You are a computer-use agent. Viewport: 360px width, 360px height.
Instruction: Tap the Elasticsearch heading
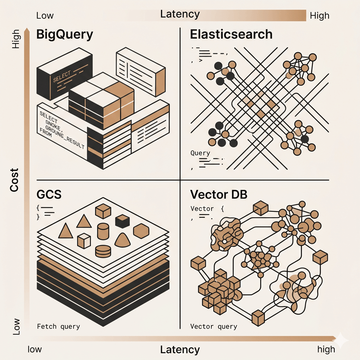pos(231,34)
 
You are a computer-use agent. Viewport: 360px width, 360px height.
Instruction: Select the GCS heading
pos(49,195)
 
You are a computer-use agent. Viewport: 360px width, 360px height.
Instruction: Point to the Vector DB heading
pos(219,195)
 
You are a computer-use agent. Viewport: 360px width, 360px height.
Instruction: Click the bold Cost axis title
pos(14,180)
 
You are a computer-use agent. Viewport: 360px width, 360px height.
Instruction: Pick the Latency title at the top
pos(180,14)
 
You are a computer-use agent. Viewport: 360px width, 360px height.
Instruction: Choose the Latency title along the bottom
pos(180,349)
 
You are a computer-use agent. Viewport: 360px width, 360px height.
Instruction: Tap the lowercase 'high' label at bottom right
pos(326,349)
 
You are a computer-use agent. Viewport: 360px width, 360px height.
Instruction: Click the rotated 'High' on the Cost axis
pos(16,39)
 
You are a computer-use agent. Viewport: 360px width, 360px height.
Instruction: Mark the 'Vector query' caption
pos(213,326)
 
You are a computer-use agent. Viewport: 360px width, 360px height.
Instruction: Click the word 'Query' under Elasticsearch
pos(200,153)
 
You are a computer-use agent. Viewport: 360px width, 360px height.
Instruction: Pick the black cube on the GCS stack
pos(122,221)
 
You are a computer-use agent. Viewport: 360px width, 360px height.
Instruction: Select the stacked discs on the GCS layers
pos(103,250)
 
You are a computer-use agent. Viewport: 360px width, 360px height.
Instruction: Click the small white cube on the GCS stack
pos(84,241)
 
